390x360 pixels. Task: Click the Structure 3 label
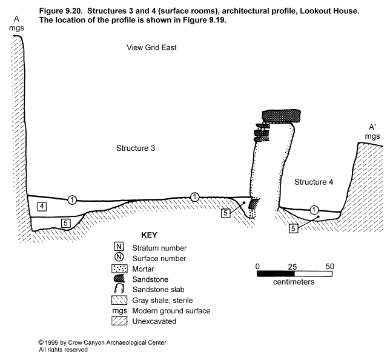coord(136,148)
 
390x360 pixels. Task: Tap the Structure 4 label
coord(314,182)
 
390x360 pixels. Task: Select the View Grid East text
coord(151,47)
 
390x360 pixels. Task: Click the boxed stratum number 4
coord(42,207)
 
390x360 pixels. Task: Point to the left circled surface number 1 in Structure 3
coord(72,199)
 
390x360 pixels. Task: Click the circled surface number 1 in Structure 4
coord(314,210)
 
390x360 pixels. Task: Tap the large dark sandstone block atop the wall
coord(282,116)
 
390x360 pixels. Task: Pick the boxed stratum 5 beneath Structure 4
coord(293,228)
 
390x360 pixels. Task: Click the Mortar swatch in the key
coord(119,269)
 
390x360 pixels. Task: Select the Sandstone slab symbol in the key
coord(119,289)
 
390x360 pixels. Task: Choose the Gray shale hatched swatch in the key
coord(119,300)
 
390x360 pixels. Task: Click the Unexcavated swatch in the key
coord(119,321)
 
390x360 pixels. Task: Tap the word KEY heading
coord(149,235)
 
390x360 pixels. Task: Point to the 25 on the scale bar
coord(292,267)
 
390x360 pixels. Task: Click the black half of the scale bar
coord(276,274)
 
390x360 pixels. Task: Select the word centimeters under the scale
coord(294,282)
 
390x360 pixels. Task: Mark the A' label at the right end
coord(372,127)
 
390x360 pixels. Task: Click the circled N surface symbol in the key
coord(119,257)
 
